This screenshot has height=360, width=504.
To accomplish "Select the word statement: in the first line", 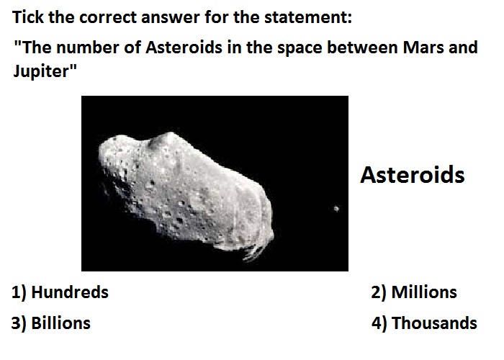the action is (308, 17).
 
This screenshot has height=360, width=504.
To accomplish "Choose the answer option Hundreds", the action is (70, 292).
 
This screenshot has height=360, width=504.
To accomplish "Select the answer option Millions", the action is (424, 292).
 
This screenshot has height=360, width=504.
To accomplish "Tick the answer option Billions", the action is (60, 323).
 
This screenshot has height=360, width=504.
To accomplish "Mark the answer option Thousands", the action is (434, 323).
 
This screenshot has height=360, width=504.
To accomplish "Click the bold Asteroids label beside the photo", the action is (413, 175).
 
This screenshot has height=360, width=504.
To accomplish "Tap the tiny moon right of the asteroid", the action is (336, 209).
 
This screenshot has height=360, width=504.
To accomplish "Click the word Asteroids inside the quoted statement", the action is (184, 48).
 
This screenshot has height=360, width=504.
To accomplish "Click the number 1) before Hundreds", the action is (19, 292).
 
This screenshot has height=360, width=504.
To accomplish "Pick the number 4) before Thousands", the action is (379, 323).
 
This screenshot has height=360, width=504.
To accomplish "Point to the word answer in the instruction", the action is (171, 18).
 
